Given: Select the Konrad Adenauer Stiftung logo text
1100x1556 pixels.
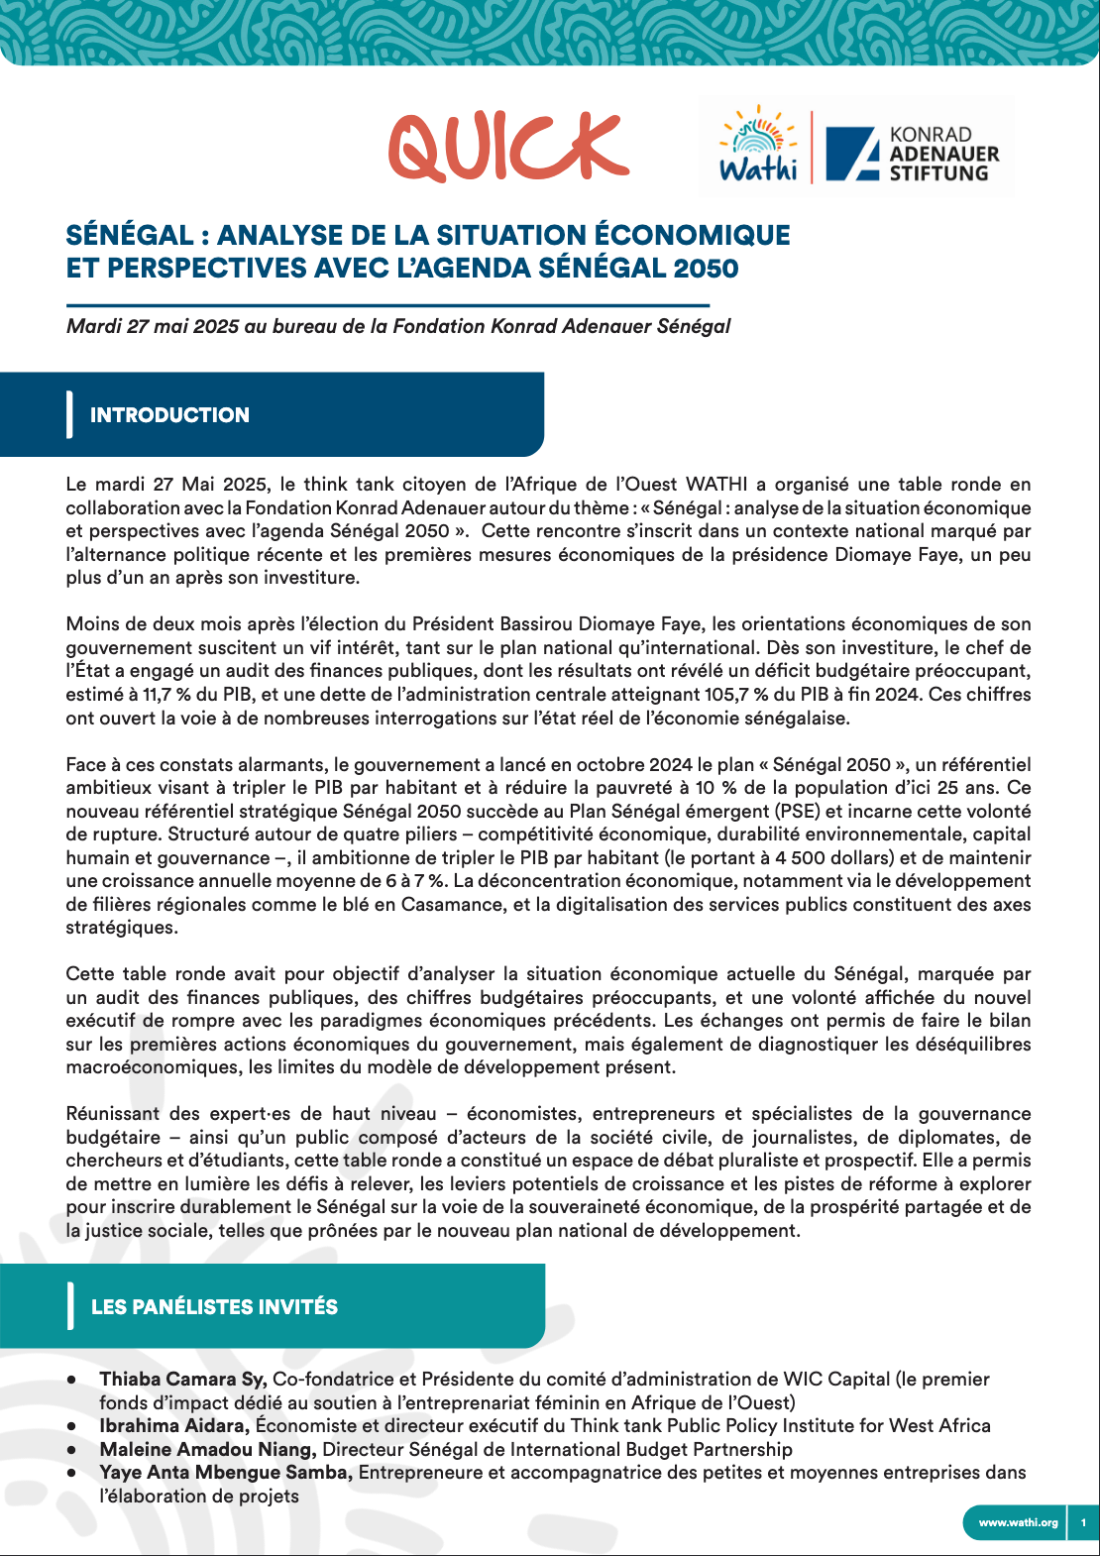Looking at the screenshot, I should [x=942, y=154].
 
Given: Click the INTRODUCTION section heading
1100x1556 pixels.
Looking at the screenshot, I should [x=169, y=415].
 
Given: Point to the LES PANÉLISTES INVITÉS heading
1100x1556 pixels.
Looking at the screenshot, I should [x=214, y=1307].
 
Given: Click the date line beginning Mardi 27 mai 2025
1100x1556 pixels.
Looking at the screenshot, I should [x=397, y=326].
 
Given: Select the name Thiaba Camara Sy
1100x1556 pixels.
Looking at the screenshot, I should [x=182, y=1379].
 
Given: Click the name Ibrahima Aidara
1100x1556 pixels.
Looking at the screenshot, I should [x=173, y=1425].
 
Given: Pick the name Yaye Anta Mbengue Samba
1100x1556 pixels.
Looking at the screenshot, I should [x=226, y=1473].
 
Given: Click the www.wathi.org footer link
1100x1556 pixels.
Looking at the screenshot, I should [x=1018, y=1522].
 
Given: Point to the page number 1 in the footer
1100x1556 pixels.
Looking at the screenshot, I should [x=1083, y=1522].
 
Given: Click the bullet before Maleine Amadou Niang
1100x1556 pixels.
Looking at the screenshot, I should [x=72, y=1450].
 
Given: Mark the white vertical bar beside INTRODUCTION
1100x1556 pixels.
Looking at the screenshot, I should [x=69, y=414].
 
